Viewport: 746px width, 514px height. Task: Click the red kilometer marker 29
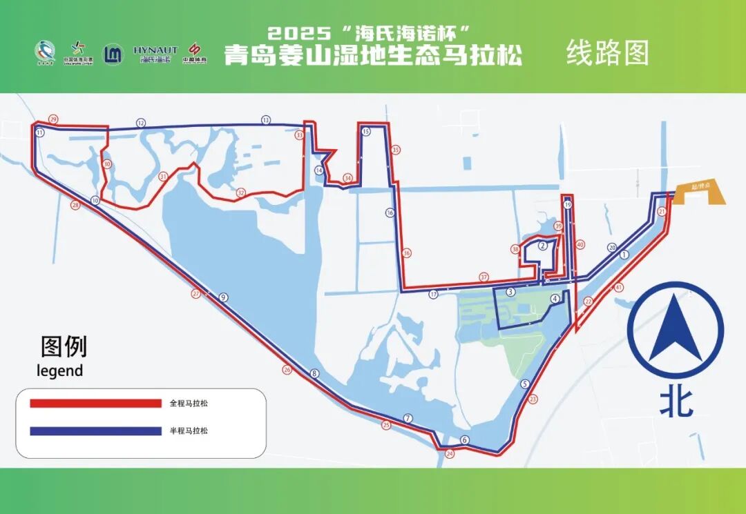[x=53, y=119]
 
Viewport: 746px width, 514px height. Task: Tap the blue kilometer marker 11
[x=40, y=132]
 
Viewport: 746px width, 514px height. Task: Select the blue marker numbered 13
[x=266, y=120]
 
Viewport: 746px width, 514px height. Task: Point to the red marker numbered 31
[x=163, y=177]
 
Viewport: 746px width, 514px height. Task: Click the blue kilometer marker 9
[x=223, y=297]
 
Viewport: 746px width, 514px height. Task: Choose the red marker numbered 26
[x=287, y=370]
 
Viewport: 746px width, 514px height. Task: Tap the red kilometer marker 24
[x=450, y=454]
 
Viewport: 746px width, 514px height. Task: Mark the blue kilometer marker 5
[x=525, y=384]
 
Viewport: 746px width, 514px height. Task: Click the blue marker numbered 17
[x=433, y=294]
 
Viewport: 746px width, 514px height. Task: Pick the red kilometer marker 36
[x=407, y=253]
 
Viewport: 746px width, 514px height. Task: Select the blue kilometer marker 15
[x=366, y=131]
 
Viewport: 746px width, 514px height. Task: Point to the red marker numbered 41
[x=619, y=287]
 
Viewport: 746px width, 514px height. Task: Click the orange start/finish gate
[x=700, y=193]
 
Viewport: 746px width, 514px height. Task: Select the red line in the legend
[x=95, y=403]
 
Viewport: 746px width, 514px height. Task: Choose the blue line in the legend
[x=95, y=431]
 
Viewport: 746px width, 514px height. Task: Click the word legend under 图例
[x=59, y=370]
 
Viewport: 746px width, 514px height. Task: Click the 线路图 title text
[x=608, y=53]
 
